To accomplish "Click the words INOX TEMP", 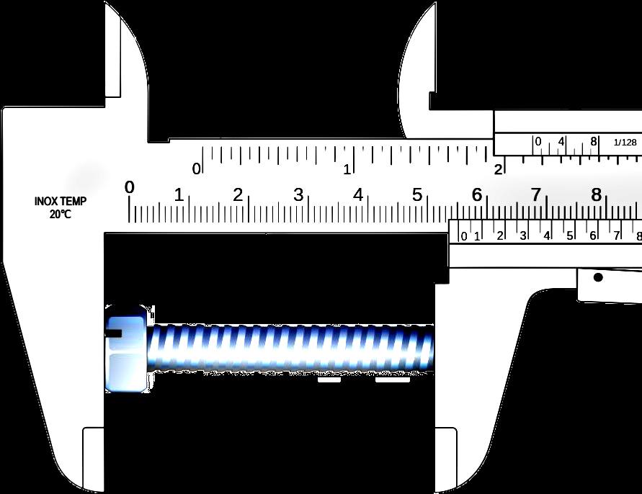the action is point(61,202).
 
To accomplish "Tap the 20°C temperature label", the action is point(61,214).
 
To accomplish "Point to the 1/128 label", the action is point(625,143).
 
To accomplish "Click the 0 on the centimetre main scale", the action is point(130,187).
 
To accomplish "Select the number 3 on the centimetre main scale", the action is point(298,195).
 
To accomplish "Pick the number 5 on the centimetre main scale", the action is point(416,195).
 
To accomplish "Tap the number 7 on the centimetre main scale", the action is point(536,195).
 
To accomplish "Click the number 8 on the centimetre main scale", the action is point(596,195).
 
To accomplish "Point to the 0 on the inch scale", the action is point(197,169).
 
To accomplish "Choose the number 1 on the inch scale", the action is point(347,169).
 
